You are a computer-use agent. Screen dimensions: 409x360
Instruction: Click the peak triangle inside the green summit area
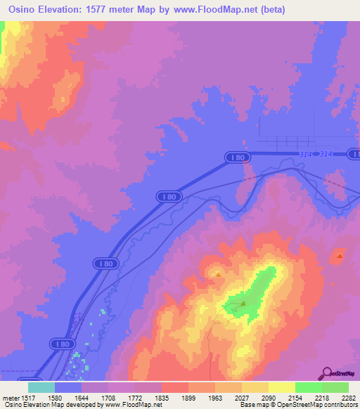click(x=243, y=304)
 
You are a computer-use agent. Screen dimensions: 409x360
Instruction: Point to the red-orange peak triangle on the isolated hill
click(x=340, y=256)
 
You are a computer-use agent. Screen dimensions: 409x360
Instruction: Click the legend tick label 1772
click(x=136, y=397)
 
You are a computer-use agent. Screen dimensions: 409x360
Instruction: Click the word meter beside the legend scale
click(x=9, y=397)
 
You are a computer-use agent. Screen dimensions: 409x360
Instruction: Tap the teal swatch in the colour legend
click(x=41, y=387)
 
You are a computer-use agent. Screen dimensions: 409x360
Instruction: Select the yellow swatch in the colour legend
click(x=281, y=387)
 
